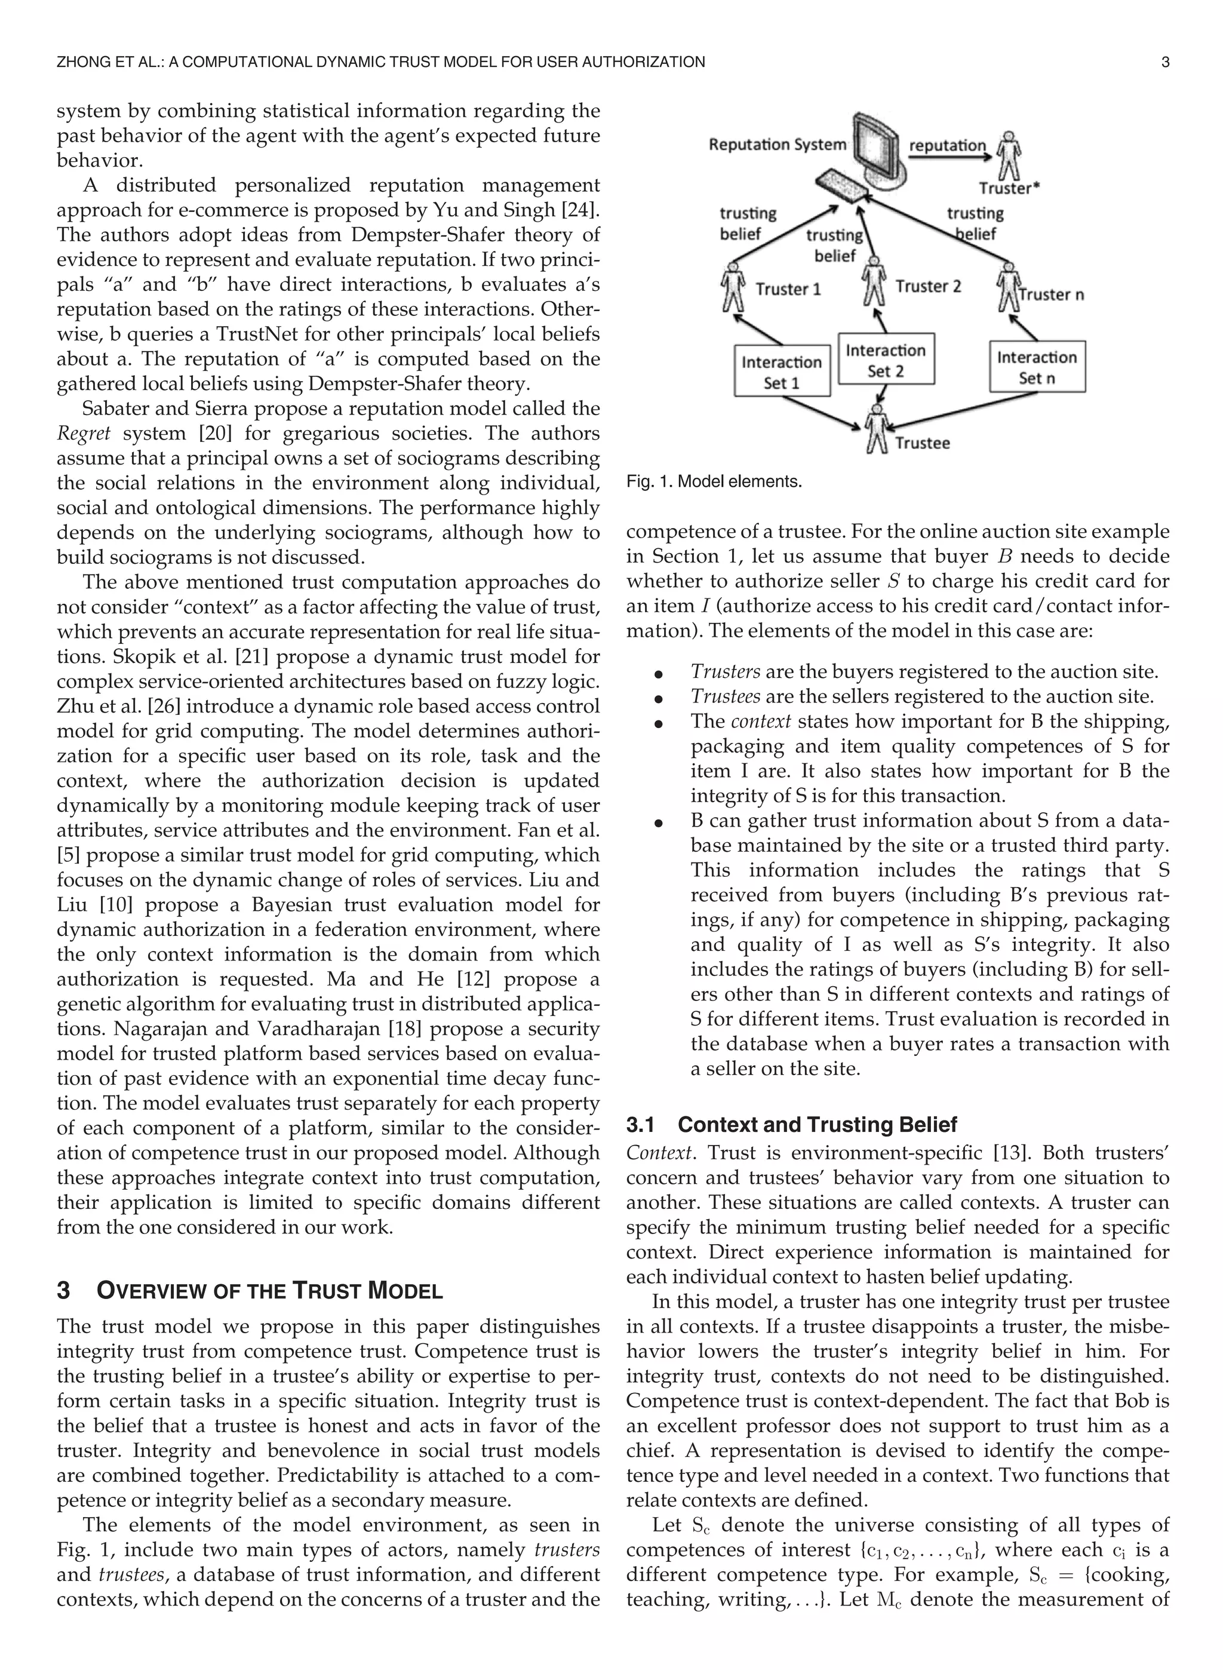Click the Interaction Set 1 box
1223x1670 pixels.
781,371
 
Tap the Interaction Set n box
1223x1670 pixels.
1037,366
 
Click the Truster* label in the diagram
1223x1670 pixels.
1008,188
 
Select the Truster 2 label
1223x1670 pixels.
927,287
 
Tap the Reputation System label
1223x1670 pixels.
776,145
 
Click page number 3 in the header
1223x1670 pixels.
1164,62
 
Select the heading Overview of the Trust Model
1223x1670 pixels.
269,1290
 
